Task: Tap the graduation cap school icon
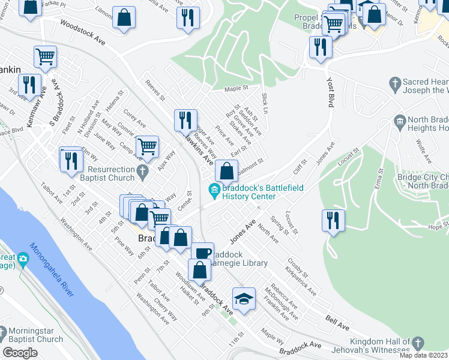tap(244, 298)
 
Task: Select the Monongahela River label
tap(52, 271)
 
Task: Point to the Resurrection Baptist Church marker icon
tap(142, 173)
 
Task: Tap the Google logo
tap(20, 353)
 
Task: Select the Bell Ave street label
tap(337, 325)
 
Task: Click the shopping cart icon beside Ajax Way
tap(147, 146)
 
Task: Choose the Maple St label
tap(236, 89)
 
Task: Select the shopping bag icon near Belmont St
tap(226, 171)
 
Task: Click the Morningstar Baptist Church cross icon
tap(4, 332)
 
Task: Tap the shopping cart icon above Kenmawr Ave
tap(45, 56)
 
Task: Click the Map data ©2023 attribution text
tap(423, 355)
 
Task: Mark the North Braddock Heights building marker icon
tap(399, 122)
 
